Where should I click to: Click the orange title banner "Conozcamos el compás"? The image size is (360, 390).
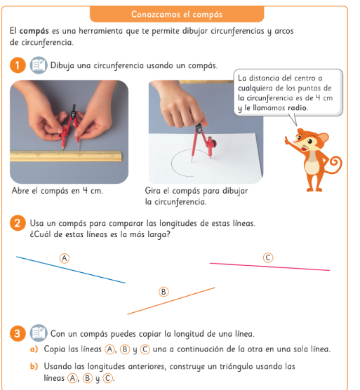click(x=177, y=14)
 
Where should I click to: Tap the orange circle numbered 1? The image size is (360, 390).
click(x=18, y=65)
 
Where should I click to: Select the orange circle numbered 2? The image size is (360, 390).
click(x=18, y=223)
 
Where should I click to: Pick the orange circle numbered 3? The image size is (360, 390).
click(x=18, y=333)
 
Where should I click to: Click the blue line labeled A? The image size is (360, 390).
click(x=71, y=270)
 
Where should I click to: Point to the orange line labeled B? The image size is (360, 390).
click(x=171, y=301)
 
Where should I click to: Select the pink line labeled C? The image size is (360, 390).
click(x=269, y=267)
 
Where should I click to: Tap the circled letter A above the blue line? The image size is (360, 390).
click(x=65, y=258)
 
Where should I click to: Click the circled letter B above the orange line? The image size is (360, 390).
click(x=164, y=292)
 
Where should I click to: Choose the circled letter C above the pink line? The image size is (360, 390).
click(x=268, y=257)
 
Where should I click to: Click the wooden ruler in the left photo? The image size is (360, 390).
click(x=66, y=156)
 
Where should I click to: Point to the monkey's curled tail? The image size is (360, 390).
click(x=334, y=165)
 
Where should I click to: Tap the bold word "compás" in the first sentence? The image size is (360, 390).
click(x=34, y=32)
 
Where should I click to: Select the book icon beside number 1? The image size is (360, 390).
click(x=39, y=65)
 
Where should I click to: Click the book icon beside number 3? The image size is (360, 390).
click(x=39, y=333)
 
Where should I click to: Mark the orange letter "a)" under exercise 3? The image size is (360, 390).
click(x=34, y=349)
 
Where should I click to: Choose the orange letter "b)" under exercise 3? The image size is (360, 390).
click(x=34, y=366)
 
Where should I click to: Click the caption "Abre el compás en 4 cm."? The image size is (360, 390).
click(x=58, y=191)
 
